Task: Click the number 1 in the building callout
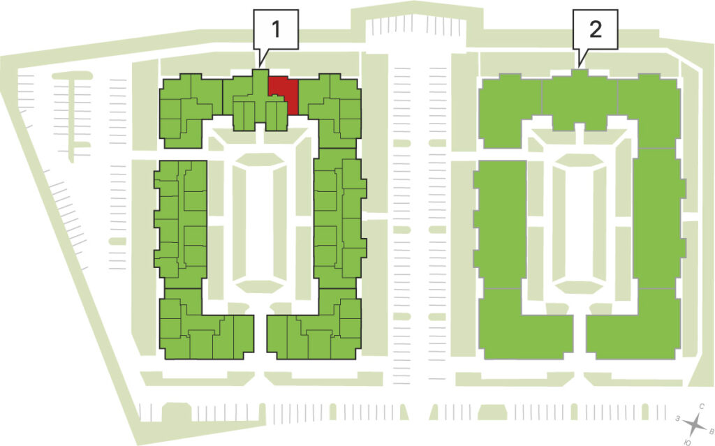point(276,29)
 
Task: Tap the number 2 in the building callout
point(596,29)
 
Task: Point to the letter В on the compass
point(710,430)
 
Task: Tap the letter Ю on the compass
point(687,442)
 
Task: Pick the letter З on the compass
point(678,418)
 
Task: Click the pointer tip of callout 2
point(579,66)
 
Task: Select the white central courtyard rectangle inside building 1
point(260,223)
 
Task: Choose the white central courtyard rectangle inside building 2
point(579,223)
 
